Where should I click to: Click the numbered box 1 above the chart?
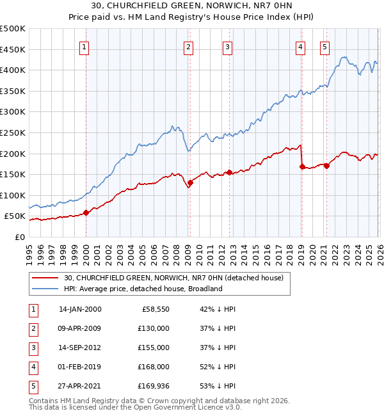click(85, 46)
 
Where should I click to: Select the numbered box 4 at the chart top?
click(300, 46)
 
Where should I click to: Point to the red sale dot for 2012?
click(228, 172)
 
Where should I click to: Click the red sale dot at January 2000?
click(86, 213)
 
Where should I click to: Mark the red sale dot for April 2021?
click(326, 166)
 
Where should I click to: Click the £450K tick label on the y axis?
click(12, 49)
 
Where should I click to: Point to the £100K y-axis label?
click(12, 195)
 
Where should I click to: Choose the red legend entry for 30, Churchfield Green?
click(177, 278)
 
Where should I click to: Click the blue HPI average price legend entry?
click(143, 289)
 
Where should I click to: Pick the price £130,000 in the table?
click(154, 328)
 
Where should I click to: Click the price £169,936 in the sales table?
click(154, 386)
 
